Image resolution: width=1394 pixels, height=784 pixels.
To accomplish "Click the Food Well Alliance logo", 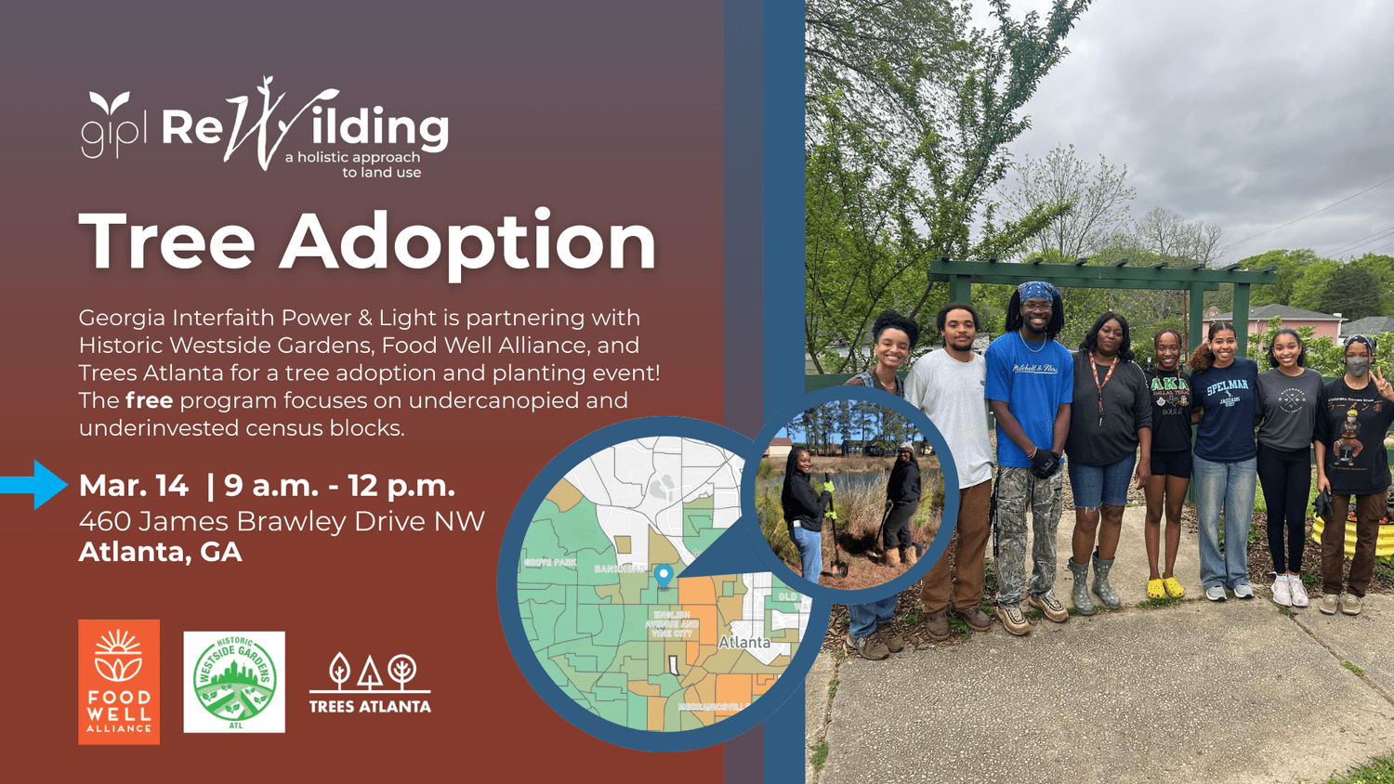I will (x=119, y=681).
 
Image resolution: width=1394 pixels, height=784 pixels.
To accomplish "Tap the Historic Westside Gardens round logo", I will (x=234, y=682).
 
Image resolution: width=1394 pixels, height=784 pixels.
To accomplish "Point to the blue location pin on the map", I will (x=664, y=575).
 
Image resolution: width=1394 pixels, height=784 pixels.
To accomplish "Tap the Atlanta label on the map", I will (x=744, y=642).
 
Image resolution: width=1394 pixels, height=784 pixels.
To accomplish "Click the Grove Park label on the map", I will (x=550, y=562).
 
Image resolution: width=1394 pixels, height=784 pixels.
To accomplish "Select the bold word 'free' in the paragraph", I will (x=149, y=400).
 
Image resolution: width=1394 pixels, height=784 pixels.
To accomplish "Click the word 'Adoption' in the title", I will (x=468, y=242).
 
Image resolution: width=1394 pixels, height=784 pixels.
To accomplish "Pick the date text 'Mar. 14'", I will (x=134, y=485).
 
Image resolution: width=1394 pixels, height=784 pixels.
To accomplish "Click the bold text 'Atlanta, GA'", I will (x=160, y=552).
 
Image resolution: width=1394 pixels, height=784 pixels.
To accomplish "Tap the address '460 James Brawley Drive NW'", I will (x=282, y=520).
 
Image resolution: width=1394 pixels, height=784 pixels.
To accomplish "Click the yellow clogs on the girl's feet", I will (x=1165, y=587).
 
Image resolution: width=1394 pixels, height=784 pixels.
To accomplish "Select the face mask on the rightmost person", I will (x=1357, y=368).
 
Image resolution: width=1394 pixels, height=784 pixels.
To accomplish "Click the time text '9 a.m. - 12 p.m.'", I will (x=339, y=485).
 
